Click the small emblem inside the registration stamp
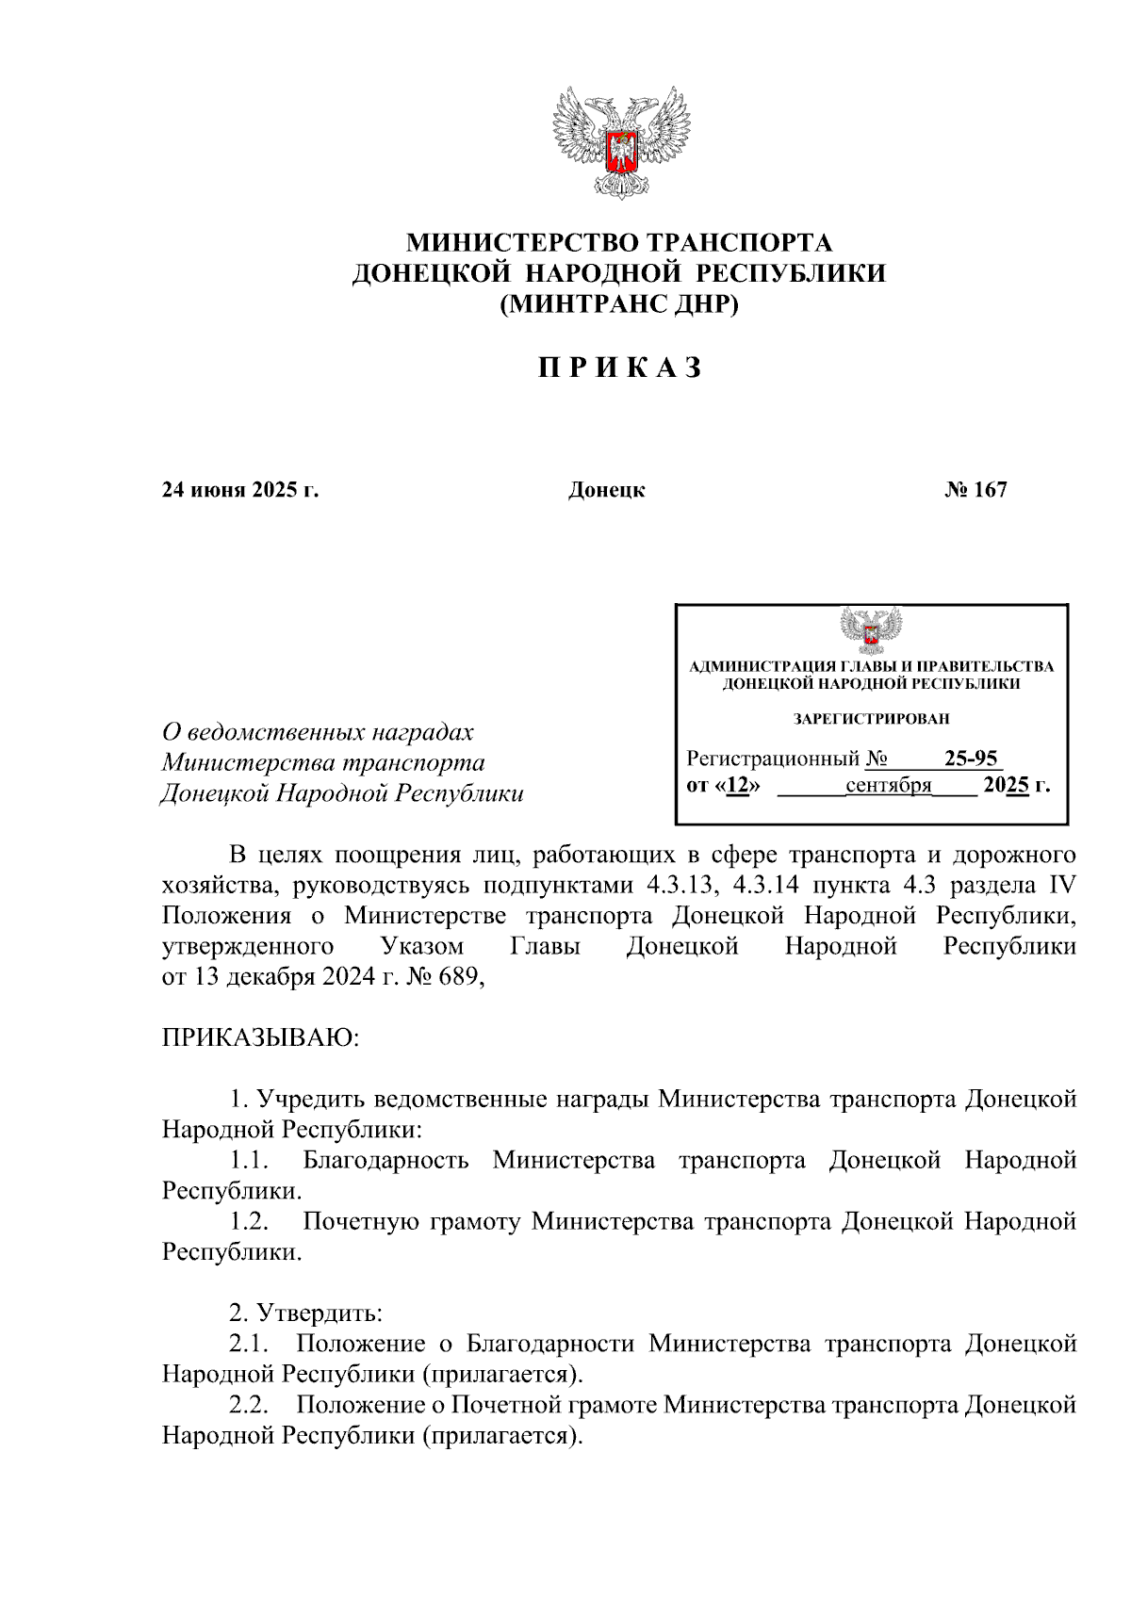point(870,629)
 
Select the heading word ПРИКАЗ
point(620,367)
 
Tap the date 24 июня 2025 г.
point(240,490)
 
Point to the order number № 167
point(975,490)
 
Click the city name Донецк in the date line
point(606,490)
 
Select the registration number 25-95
point(971,759)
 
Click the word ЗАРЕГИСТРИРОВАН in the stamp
point(871,719)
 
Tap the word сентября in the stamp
point(888,785)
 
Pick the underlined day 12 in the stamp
point(737,785)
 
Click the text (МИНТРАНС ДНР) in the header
point(619,304)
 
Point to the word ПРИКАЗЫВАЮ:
point(261,1038)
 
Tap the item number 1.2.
point(250,1222)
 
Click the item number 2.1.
point(250,1344)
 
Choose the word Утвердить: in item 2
point(320,1313)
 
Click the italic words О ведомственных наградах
point(318,732)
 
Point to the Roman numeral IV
point(1061,886)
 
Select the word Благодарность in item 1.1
point(385,1161)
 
